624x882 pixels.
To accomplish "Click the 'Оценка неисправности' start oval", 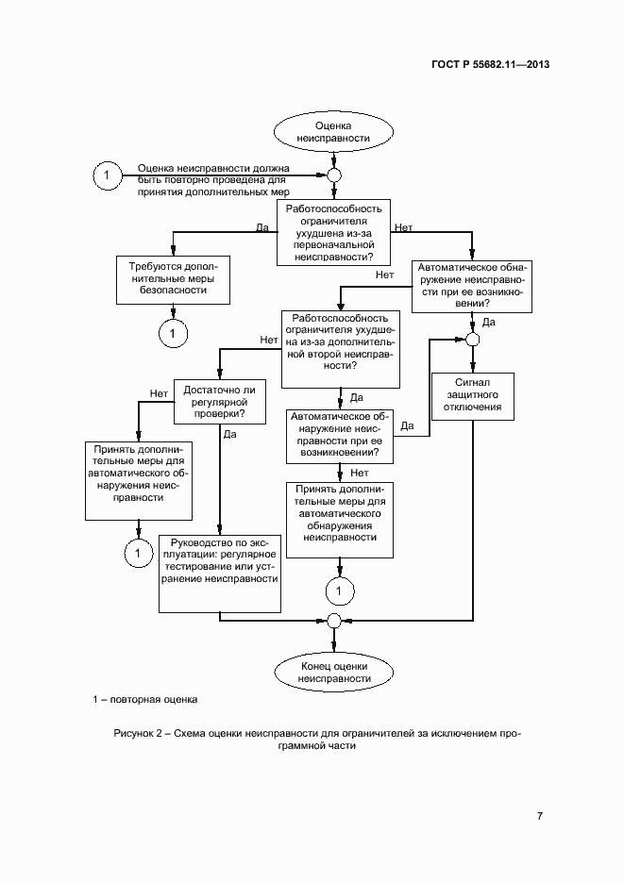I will point(333,131).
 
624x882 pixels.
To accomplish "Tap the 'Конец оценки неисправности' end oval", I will point(333,672).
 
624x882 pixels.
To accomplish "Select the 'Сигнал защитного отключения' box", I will point(472,395).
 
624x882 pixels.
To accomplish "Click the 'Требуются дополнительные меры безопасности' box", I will point(173,279).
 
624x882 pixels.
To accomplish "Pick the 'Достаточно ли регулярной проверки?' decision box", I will point(219,400).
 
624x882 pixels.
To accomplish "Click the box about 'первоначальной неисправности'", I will point(333,232).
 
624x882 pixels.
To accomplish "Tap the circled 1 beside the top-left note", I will point(107,175).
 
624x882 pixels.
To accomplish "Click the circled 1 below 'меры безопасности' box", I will point(173,332).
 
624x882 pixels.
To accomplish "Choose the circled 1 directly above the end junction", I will point(339,591).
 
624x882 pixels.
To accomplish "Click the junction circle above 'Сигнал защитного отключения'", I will point(472,340).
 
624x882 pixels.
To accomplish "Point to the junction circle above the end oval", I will point(333,620).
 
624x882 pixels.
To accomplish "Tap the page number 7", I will point(539,816).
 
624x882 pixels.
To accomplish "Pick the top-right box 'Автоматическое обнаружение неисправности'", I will point(472,285).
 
